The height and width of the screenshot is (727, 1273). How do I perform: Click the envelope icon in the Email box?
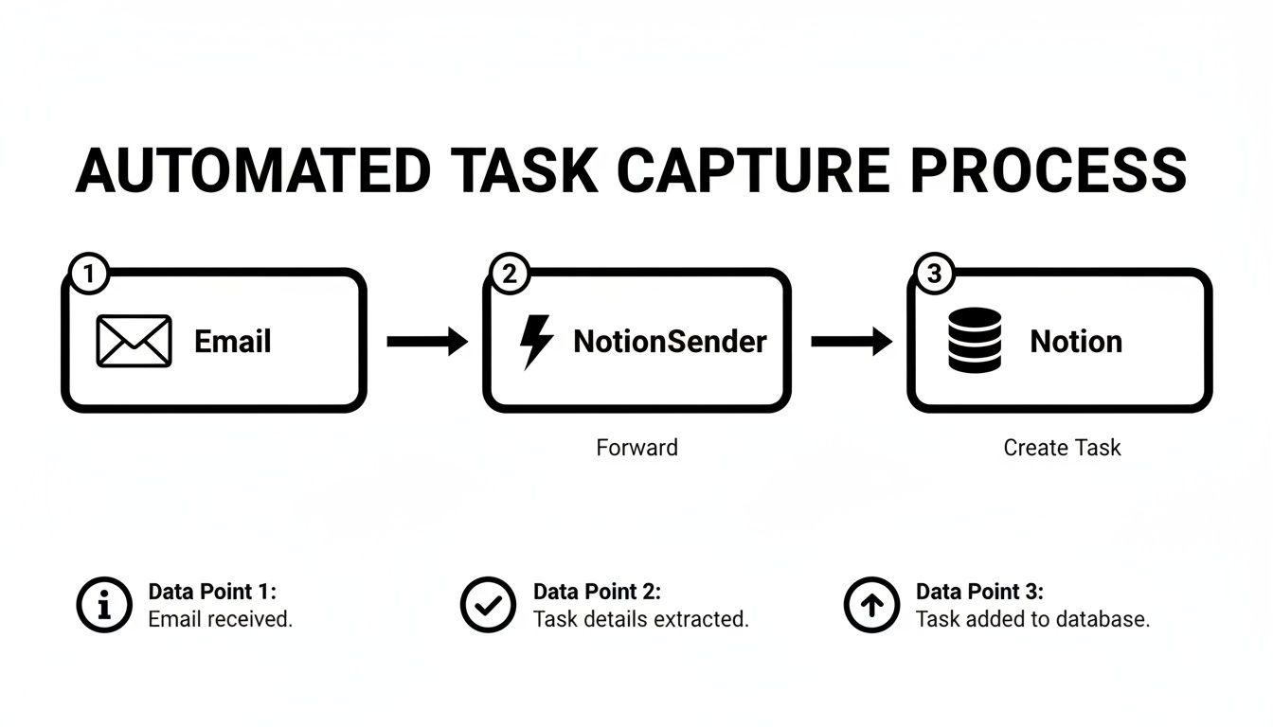[134, 341]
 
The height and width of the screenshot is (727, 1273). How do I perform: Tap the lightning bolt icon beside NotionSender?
[537, 341]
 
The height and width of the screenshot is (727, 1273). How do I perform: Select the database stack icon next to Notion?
[974, 340]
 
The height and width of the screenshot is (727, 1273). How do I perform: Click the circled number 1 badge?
[89, 275]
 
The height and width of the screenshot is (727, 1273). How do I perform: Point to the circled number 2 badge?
[510, 275]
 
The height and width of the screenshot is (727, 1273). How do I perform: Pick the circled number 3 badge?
[934, 275]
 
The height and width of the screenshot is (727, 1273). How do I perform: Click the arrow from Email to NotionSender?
[426, 341]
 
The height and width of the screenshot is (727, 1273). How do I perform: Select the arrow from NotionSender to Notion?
[851, 341]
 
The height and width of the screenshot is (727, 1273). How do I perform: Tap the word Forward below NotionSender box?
[636, 447]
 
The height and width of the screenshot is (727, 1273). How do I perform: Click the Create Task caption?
[1062, 447]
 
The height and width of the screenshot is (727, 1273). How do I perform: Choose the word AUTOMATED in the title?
[253, 171]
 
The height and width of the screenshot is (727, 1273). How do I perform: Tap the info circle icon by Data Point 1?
[104, 605]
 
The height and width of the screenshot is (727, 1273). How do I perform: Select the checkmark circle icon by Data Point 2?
[489, 605]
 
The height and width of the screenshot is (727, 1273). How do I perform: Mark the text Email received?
[221, 620]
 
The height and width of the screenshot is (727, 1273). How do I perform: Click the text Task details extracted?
[641, 620]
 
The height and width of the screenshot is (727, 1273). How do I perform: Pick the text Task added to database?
[1032, 620]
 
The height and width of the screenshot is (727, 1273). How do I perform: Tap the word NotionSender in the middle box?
[670, 341]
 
